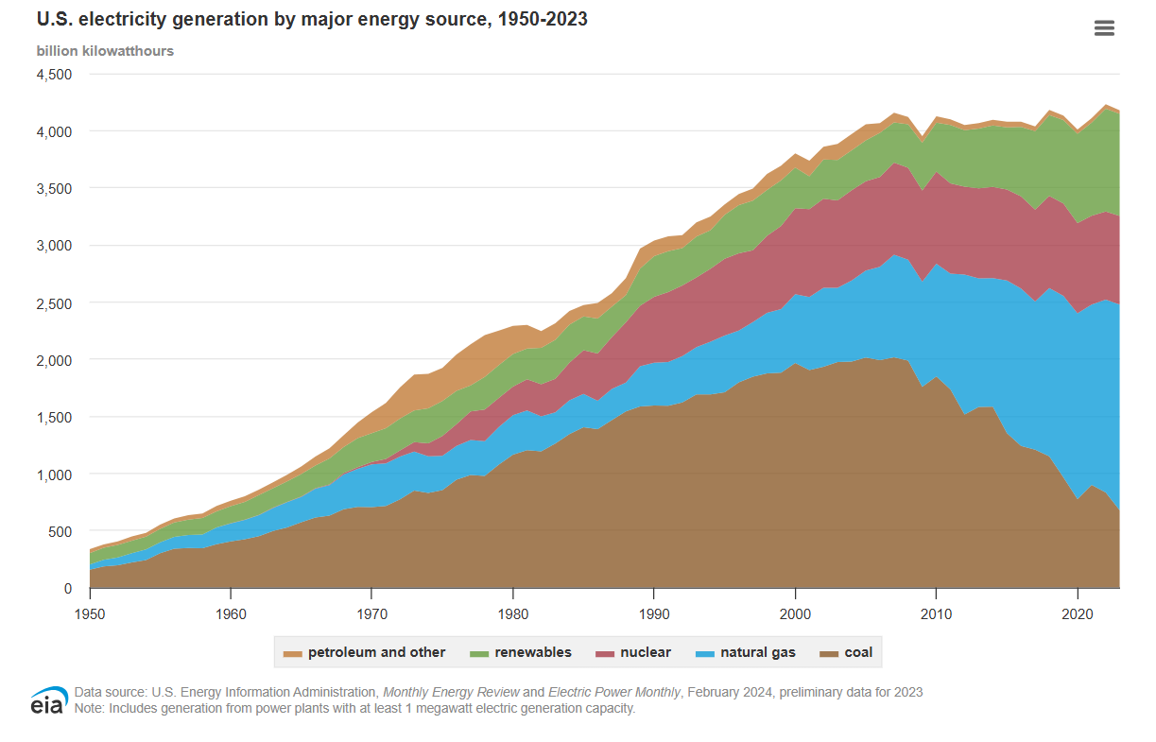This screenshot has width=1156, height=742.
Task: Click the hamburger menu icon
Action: (1104, 28)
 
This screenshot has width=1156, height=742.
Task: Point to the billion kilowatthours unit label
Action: (105, 51)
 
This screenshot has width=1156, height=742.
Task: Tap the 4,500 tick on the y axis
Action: (54, 74)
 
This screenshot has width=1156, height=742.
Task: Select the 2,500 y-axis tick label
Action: (54, 302)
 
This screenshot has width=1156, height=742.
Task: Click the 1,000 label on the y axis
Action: (54, 475)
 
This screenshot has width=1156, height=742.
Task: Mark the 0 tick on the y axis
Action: (67, 589)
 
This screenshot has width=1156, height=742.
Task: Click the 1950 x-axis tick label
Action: (90, 613)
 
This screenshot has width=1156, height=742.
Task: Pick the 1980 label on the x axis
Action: (513, 613)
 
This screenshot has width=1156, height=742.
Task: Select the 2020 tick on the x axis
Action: (1078, 613)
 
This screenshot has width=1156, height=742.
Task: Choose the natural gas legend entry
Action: (747, 652)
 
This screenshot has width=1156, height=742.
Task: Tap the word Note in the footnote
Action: (89, 708)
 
